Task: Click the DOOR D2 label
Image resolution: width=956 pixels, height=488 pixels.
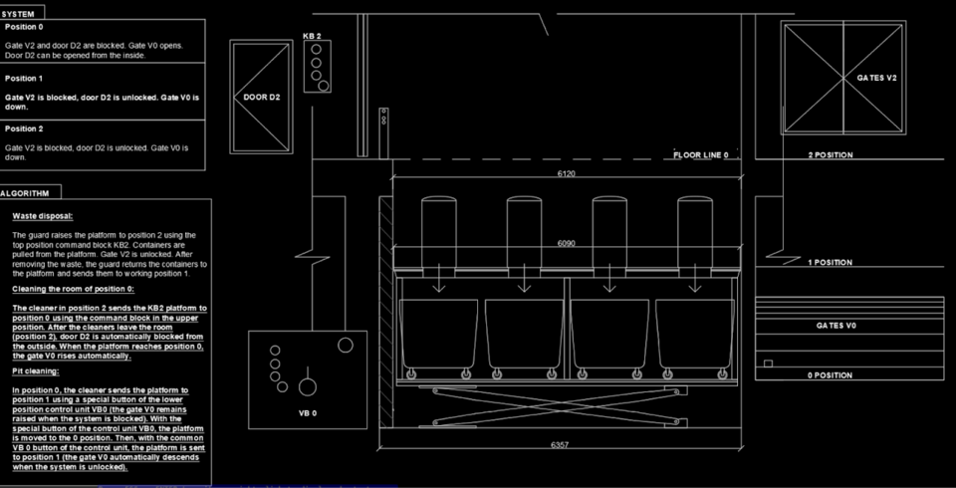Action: pyautogui.click(x=262, y=97)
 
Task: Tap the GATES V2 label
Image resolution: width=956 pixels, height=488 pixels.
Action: pyautogui.click(x=876, y=78)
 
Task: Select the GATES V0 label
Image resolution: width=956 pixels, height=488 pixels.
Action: pyautogui.click(x=836, y=326)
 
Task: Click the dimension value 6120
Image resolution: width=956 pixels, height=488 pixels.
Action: pyautogui.click(x=566, y=174)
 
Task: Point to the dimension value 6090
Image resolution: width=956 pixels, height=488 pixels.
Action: pyautogui.click(x=566, y=243)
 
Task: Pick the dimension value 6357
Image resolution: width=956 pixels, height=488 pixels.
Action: pyautogui.click(x=559, y=445)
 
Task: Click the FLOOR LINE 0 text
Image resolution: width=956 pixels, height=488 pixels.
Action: pyautogui.click(x=700, y=155)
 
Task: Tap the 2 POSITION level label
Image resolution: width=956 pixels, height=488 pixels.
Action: pyautogui.click(x=831, y=155)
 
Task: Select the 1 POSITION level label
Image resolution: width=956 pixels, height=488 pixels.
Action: pyautogui.click(x=831, y=262)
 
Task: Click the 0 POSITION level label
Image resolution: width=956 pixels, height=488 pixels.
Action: pyautogui.click(x=831, y=375)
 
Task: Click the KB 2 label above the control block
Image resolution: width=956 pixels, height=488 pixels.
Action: pyautogui.click(x=312, y=36)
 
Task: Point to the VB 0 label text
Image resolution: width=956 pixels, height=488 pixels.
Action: pyautogui.click(x=308, y=413)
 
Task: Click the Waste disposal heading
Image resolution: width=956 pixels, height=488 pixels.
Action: pyautogui.click(x=43, y=216)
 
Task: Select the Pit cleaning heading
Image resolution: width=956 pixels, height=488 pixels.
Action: pyautogui.click(x=36, y=371)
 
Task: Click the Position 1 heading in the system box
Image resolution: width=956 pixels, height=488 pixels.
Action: pyautogui.click(x=24, y=78)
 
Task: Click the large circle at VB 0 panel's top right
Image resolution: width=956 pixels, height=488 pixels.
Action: pyautogui.click(x=346, y=346)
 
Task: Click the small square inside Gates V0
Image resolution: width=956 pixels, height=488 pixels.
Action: pyautogui.click(x=768, y=364)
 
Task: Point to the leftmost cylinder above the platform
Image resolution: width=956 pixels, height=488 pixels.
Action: pyautogui.click(x=438, y=232)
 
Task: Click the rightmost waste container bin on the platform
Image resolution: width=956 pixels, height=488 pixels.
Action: pyautogui.click(x=694, y=334)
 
